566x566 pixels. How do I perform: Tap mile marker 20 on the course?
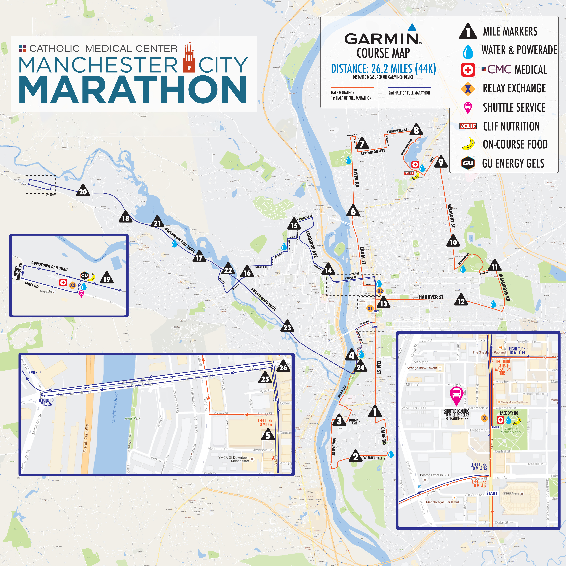click(83, 191)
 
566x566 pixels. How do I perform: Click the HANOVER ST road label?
click(431, 297)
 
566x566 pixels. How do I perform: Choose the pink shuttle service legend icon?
click(468, 107)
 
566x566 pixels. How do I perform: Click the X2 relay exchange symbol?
click(380, 291)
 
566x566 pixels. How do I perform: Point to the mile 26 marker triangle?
click(283, 367)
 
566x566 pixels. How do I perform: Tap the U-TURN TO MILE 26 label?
click(46, 402)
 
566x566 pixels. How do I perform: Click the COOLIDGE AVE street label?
click(312, 244)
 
